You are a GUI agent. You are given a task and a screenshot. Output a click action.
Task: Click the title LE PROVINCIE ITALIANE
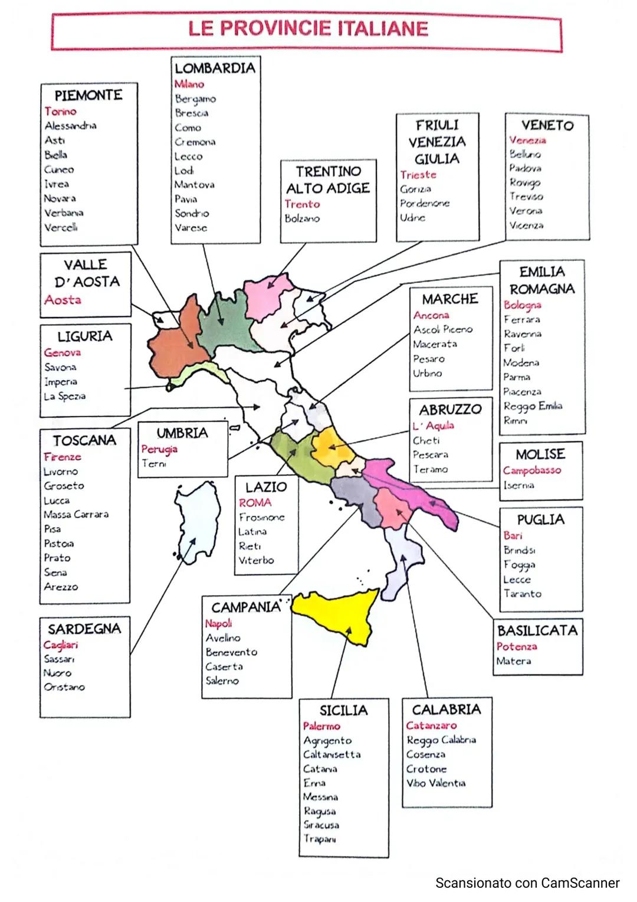(307, 29)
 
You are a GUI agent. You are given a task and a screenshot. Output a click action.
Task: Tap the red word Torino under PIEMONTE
(60, 111)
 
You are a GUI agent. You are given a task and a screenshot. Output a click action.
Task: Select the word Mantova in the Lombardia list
(194, 185)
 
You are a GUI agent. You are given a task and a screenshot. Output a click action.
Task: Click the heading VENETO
(547, 125)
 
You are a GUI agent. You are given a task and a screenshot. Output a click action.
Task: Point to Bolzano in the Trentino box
(302, 218)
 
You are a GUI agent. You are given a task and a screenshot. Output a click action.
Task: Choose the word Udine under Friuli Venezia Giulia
(412, 218)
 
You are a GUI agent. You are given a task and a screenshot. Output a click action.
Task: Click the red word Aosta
(63, 300)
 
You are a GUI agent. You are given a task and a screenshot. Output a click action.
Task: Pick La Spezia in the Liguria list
(65, 396)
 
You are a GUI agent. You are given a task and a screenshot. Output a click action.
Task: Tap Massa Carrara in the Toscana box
(76, 514)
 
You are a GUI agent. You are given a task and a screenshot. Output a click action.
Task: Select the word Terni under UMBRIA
(153, 464)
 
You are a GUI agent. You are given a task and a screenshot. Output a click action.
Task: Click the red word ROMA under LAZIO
(255, 503)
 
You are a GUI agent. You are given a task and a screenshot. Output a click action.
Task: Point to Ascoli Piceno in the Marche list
(442, 329)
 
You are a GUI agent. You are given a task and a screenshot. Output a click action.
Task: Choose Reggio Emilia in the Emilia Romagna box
(533, 406)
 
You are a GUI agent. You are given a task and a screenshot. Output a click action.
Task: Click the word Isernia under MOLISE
(518, 485)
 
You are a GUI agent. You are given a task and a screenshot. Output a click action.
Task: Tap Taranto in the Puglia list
(522, 594)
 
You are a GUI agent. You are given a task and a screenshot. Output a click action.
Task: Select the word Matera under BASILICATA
(513, 661)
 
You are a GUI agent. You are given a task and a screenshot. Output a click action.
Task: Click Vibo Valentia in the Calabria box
(435, 783)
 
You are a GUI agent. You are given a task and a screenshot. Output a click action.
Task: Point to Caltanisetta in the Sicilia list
(331, 754)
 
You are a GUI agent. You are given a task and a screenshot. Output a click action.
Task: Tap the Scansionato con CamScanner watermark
(527, 883)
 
